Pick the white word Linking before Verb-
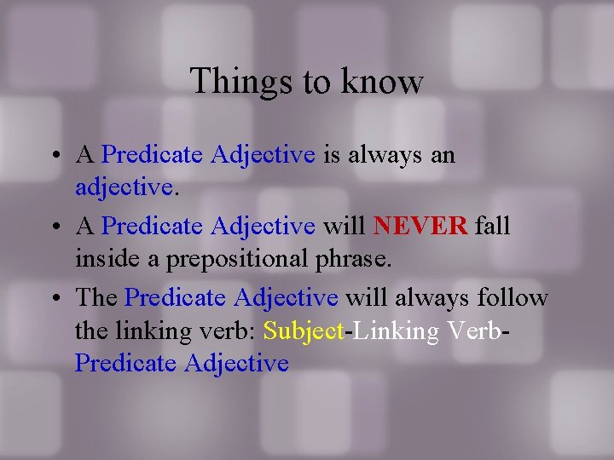[393, 331]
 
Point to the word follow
[513, 297]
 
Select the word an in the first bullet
[442, 155]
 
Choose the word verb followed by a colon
[229, 331]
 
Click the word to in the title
[315, 82]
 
